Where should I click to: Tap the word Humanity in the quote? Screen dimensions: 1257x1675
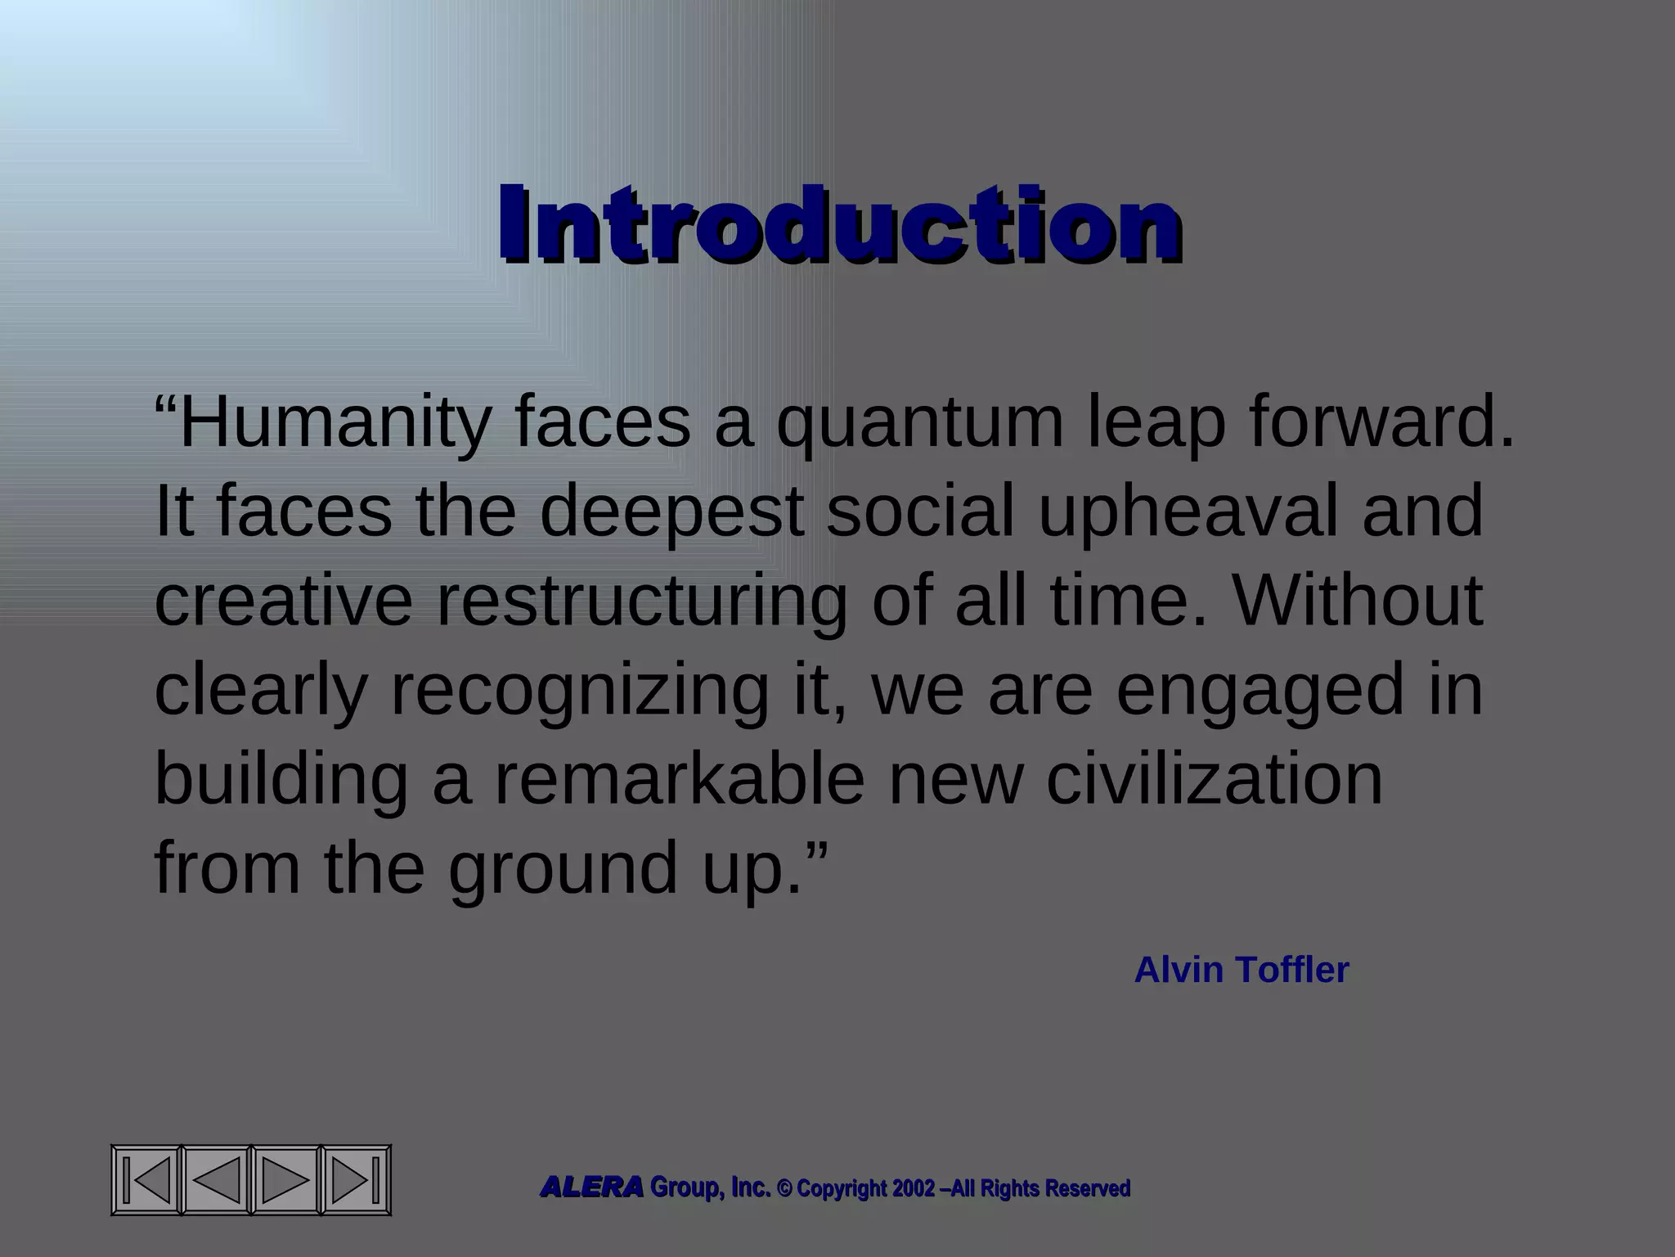334,424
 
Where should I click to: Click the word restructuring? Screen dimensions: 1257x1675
641,602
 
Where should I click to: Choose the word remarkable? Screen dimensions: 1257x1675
679,779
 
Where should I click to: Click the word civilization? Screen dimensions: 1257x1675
1215,779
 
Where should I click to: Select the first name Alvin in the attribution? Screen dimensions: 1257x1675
1179,971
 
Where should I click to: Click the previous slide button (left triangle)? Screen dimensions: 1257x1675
216,1180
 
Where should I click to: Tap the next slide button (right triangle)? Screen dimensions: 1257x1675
285,1180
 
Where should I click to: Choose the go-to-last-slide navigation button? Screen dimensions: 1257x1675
356,1180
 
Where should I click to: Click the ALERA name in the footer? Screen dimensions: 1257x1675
591,1187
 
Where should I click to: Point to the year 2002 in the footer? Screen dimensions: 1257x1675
913,1188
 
